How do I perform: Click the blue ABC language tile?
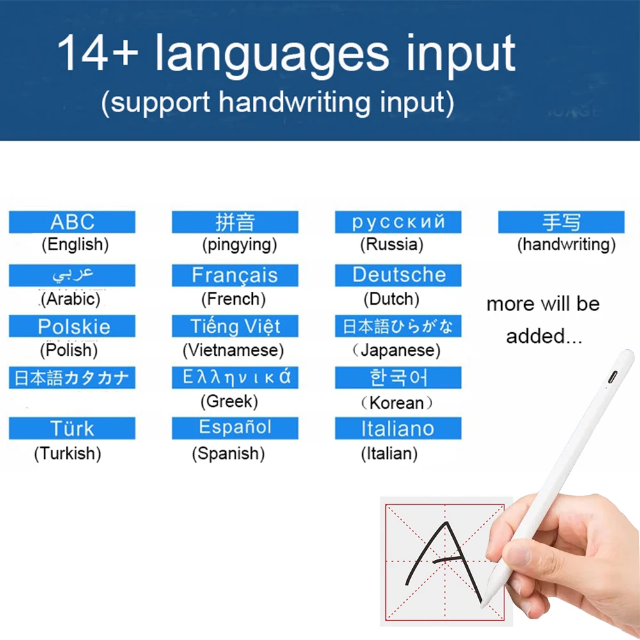tap(72, 222)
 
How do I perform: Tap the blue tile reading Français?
tap(235, 275)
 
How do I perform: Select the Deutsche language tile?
tap(398, 275)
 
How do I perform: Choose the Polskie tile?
tap(72, 326)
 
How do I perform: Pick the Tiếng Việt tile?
tap(235, 326)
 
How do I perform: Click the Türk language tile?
tap(72, 428)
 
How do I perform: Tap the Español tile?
tap(235, 428)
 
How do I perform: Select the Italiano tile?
tap(398, 428)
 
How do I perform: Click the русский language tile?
tap(398, 222)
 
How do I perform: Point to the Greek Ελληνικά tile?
tap(235, 378)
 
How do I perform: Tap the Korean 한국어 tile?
tap(398, 378)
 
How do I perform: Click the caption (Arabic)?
tap(70, 299)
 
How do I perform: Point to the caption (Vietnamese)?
tap(233, 350)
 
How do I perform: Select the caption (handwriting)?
tap(566, 244)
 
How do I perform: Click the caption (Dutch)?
tap(392, 299)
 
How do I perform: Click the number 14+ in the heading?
tap(97, 54)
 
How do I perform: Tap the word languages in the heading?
tap(272, 55)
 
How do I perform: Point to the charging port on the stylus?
tap(612, 377)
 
